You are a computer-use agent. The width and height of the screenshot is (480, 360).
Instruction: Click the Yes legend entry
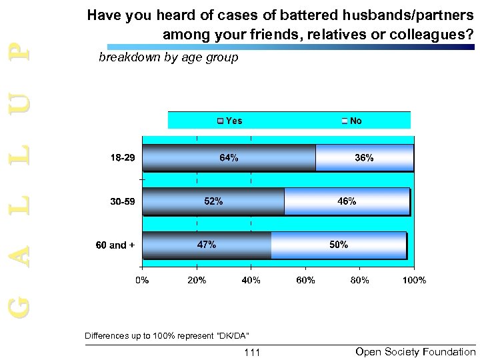(229, 121)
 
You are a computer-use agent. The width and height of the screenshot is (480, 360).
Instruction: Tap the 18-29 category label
(122, 158)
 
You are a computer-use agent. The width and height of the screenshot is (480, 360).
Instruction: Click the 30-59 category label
(122, 201)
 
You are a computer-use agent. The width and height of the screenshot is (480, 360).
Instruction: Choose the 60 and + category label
(115, 245)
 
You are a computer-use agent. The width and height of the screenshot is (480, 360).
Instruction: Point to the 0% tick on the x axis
(143, 281)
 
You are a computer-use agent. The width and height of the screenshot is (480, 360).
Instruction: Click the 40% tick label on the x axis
(251, 281)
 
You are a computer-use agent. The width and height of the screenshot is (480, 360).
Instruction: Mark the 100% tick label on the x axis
(414, 281)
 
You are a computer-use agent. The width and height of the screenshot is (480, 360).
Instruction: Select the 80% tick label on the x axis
(360, 281)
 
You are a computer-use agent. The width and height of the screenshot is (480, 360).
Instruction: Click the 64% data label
(229, 158)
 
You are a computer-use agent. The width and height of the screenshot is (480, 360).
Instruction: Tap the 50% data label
(339, 245)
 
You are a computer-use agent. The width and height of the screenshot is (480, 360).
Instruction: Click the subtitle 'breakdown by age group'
(168, 58)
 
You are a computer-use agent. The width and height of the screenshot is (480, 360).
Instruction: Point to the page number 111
(252, 352)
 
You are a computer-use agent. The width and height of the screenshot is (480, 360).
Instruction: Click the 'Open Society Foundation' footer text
(415, 351)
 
